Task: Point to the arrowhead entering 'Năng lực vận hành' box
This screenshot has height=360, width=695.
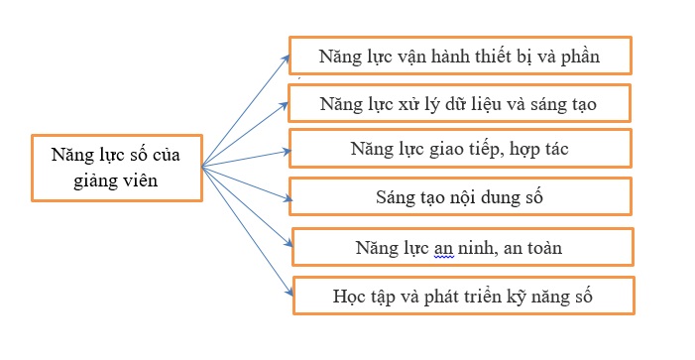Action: coord(286,59)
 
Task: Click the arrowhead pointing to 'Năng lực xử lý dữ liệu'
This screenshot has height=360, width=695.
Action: coord(285,105)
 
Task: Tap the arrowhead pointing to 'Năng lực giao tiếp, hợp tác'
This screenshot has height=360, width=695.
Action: coord(287,152)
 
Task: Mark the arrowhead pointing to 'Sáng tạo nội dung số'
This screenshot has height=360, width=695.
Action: coord(289,199)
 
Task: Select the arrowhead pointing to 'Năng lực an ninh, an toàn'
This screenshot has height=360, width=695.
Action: coord(289,244)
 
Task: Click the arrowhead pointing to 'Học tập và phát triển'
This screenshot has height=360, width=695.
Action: coord(290,293)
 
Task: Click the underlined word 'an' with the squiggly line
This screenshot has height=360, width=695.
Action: coord(444,249)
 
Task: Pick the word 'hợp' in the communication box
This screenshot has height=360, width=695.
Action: coord(522,150)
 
